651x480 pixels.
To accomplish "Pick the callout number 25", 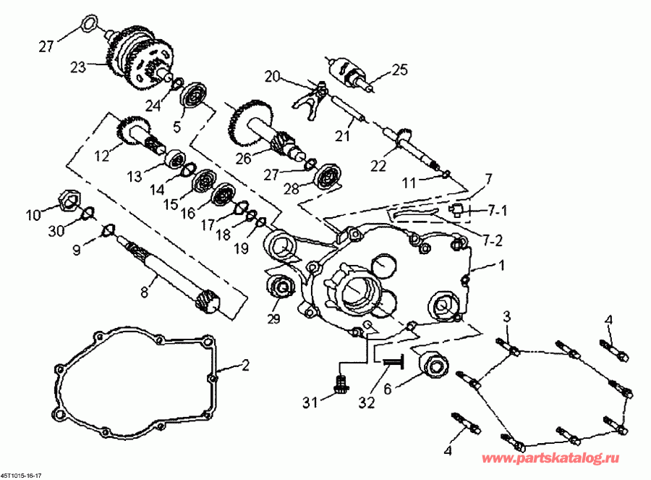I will coord(400,70).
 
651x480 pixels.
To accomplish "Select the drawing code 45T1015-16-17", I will coord(21,475).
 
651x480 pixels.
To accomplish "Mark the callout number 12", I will coord(101,154).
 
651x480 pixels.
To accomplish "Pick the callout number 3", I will coord(507,316).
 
